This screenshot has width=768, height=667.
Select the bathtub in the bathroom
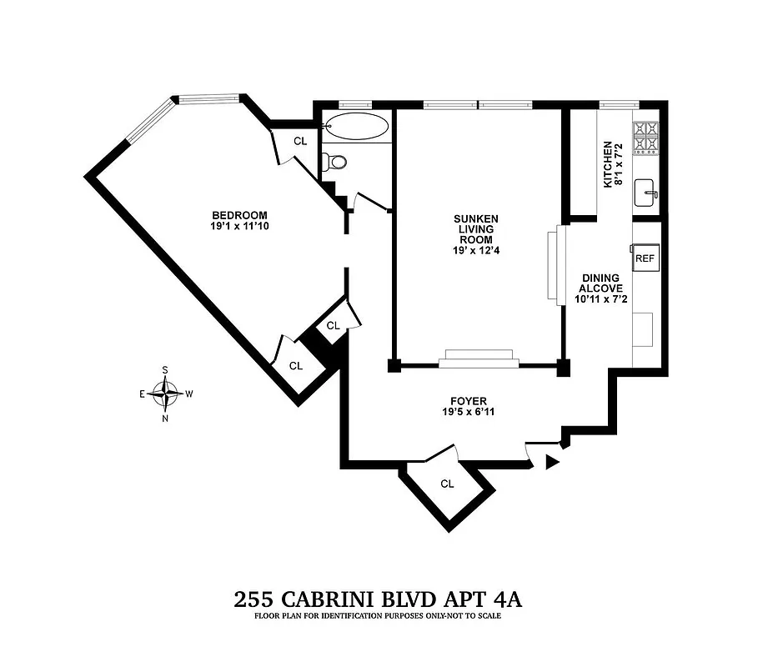[x=356, y=128]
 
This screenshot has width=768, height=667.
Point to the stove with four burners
[x=646, y=139]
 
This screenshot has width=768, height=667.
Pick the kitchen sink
[x=645, y=193]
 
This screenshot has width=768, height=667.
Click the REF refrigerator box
[x=646, y=258]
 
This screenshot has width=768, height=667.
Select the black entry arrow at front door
[x=551, y=463]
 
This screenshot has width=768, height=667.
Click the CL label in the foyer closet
[x=446, y=483]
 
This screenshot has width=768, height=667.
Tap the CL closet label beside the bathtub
[x=300, y=141]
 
